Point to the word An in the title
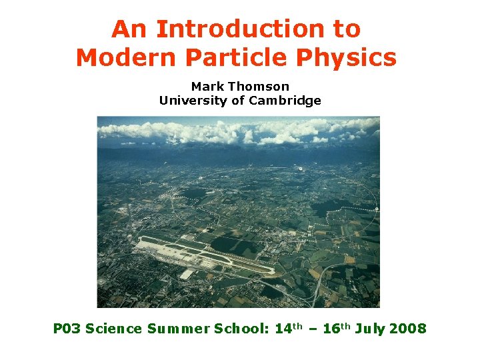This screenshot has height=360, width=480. pos(127,29)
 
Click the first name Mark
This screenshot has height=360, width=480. pos(206,87)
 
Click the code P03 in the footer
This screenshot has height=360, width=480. pos(67,329)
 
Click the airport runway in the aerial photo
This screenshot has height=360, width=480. pos(207,256)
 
